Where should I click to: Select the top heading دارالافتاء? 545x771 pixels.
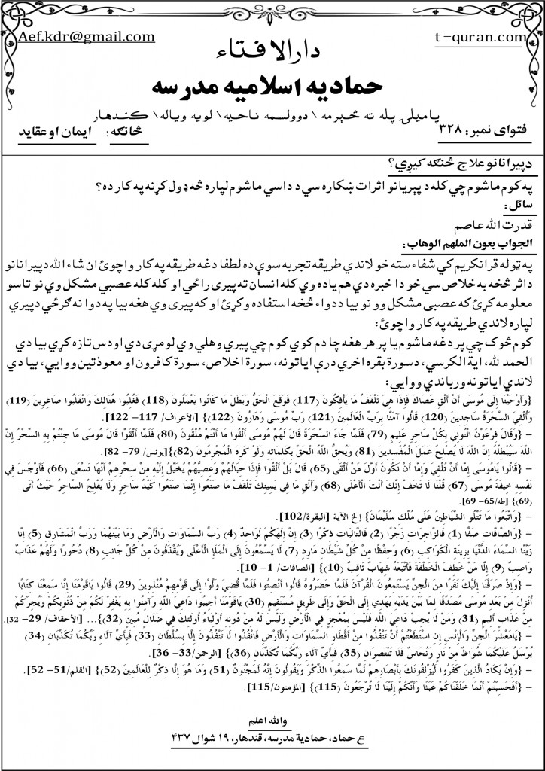tap(273, 50)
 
